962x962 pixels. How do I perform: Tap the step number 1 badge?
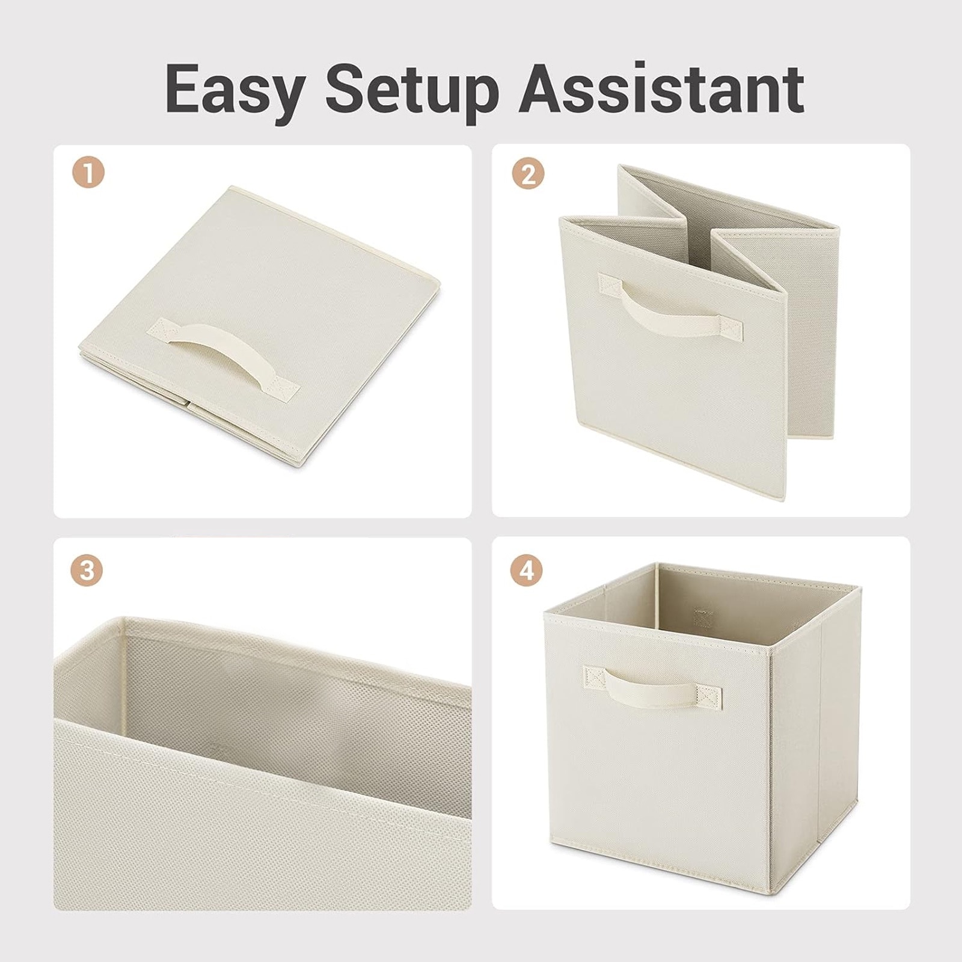coord(89,174)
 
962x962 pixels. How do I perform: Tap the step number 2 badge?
coord(528,175)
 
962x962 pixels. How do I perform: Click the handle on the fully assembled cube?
coord(652,686)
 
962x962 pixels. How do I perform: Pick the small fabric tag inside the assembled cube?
coord(702,617)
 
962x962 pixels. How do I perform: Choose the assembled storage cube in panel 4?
coord(702,730)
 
